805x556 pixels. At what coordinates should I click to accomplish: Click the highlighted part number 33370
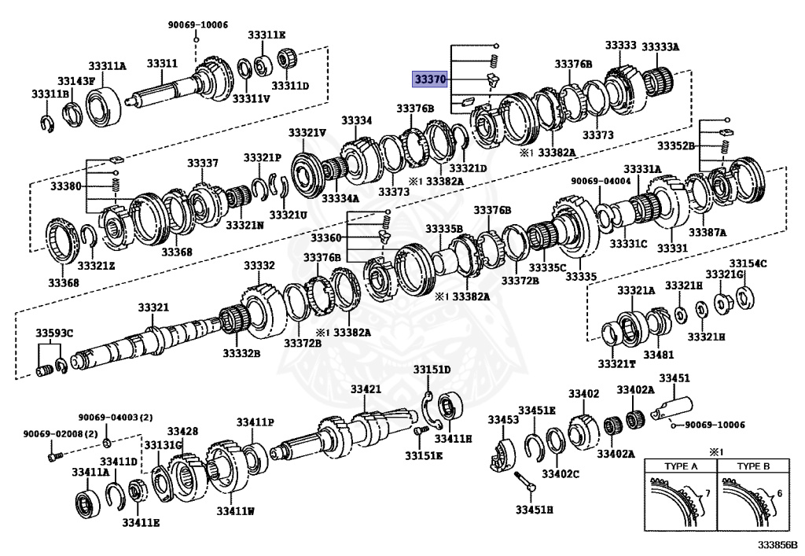431,79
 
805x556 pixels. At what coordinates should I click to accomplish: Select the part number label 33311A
107,66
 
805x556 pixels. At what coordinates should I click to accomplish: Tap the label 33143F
75,80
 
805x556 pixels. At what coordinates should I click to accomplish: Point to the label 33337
202,163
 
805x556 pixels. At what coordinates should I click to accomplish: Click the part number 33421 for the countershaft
366,389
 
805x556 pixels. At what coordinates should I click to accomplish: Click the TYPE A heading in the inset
682,466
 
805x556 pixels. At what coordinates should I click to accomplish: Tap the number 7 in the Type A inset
707,492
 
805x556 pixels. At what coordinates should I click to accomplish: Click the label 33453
503,420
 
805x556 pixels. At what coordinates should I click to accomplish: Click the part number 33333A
663,46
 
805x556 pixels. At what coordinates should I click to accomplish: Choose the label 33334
356,120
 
